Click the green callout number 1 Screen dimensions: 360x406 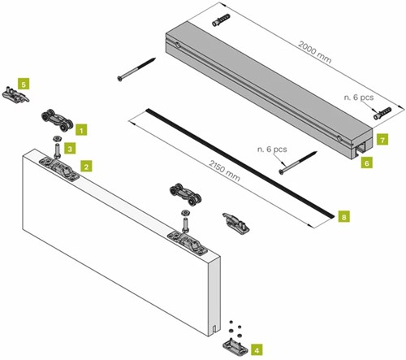pyautogui.click(x=82, y=128)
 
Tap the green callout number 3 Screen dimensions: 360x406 pyautogui.click(x=70, y=149)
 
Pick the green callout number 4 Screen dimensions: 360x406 pyautogui.click(x=257, y=350)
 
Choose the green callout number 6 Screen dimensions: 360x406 pyautogui.click(x=365, y=163)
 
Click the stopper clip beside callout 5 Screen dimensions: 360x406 pyautogui.click(x=15, y=94)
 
